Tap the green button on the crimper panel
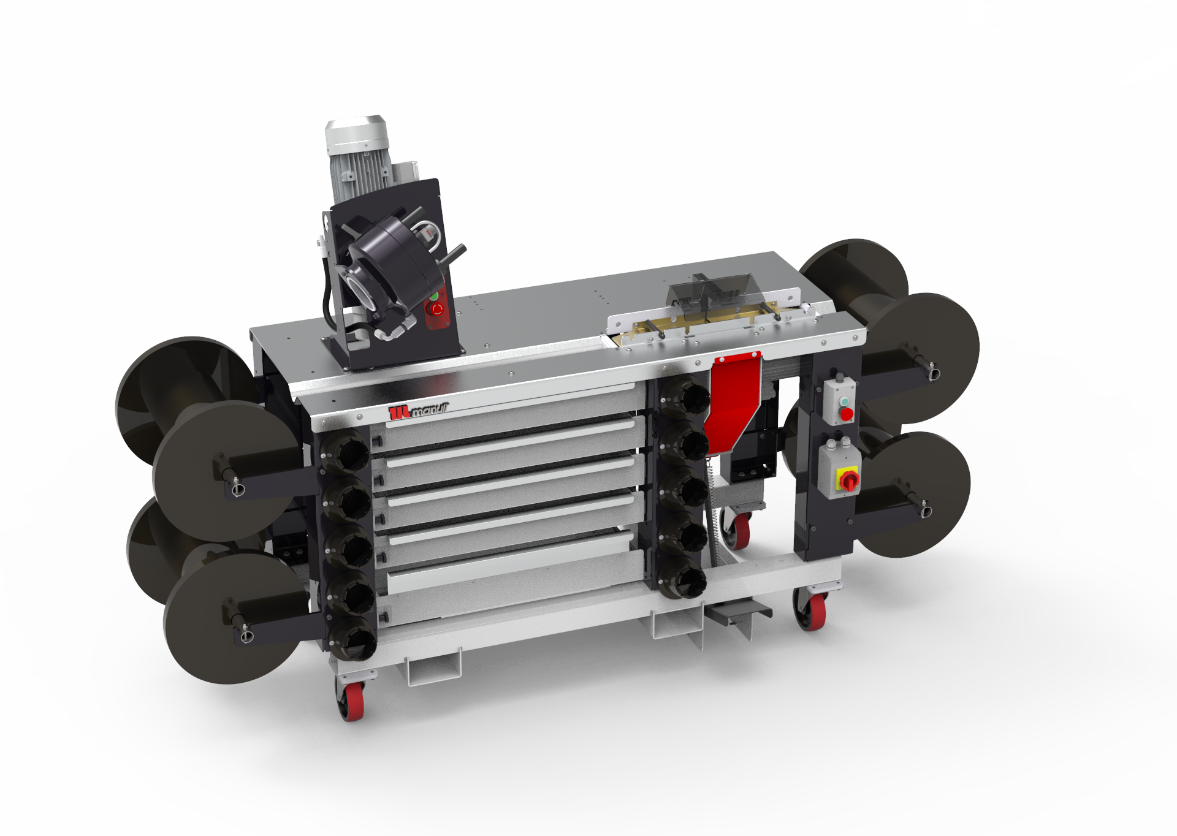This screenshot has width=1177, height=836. click(x=434, y=296)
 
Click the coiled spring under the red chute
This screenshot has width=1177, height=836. click(x=712, y=490)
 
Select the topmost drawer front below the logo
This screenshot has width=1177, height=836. click(x=509, y=409)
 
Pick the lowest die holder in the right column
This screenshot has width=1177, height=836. click(x=683, y=580)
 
